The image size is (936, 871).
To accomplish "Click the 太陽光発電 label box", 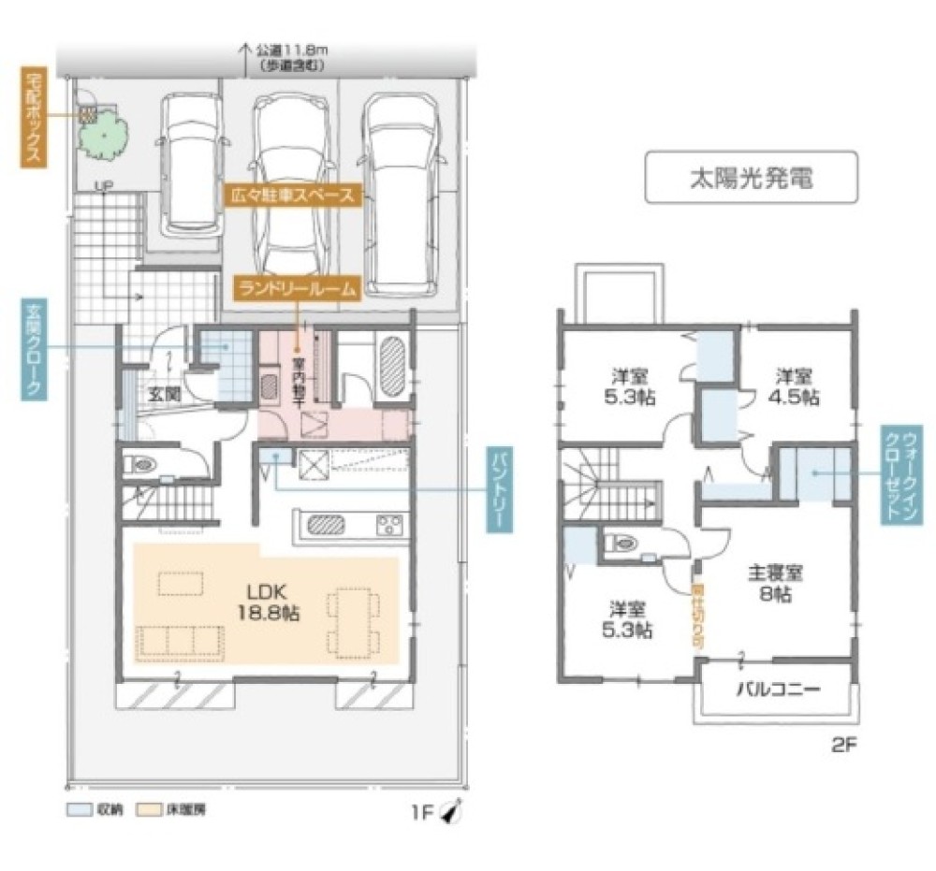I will point(751,178).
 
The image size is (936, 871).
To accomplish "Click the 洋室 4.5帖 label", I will point(797,385).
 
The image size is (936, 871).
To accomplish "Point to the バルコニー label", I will point(776,690).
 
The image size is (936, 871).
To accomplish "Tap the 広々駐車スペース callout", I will point(295,196).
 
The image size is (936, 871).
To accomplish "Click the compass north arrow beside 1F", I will point(451,812).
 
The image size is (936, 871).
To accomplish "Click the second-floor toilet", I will point(623,542).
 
